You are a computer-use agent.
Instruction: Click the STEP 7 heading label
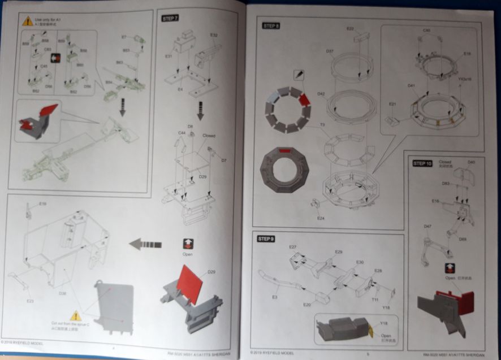170,18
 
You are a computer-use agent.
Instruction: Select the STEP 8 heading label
271,25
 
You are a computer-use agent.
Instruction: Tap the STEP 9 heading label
266,239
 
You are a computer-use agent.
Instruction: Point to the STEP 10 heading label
422,163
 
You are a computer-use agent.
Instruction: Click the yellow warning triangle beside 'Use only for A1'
27,21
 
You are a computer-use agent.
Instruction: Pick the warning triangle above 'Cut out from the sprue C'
75,315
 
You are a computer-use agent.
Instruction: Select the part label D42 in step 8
321,94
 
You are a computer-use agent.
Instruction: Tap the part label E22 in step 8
350,28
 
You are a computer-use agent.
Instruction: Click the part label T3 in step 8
322,125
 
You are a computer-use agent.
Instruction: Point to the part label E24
321,218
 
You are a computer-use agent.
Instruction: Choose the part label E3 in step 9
275,297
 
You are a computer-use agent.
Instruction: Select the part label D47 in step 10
427,226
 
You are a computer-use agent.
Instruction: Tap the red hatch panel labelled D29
191,284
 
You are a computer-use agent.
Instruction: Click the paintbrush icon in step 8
297,74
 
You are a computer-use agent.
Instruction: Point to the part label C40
426,30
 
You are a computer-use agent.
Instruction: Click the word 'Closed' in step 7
209,136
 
